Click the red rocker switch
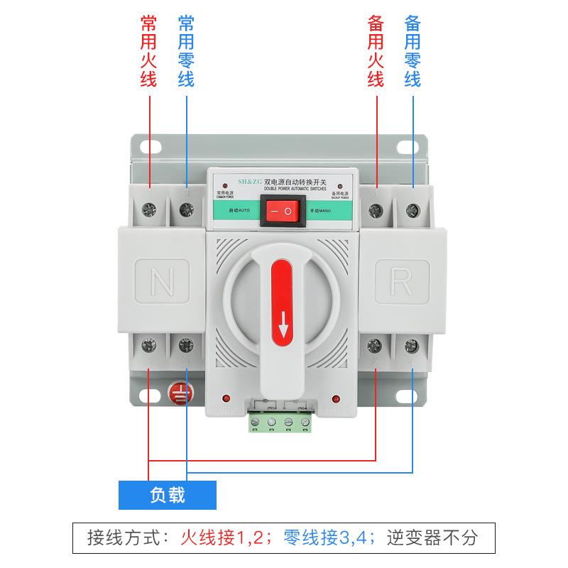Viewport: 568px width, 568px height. click(x=283, y=211)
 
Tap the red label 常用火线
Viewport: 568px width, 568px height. click(x=149, y=52)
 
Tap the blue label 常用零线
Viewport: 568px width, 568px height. click(x=186, y=52)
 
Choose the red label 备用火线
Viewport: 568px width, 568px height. click(x=376, y=52)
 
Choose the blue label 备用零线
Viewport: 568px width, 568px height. click(x=413, y=52)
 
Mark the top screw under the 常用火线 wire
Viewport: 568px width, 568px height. click(x=151, y=209)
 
